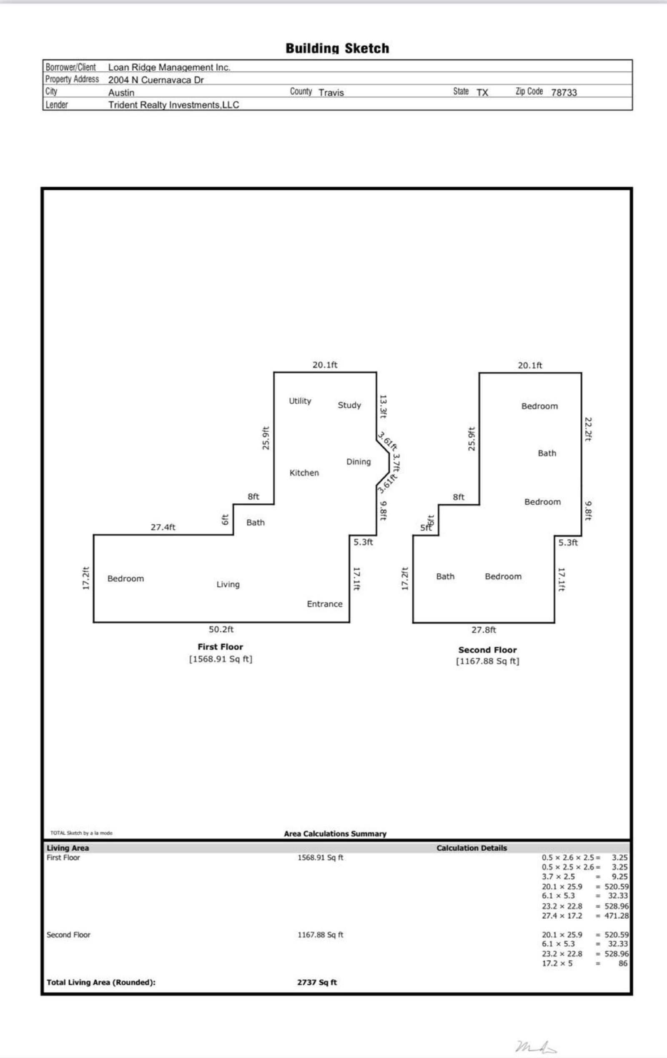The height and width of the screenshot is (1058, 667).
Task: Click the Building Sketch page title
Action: pos(337,48)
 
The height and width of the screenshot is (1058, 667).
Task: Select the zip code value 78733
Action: pos(564,92)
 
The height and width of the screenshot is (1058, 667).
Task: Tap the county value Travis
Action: pos(331,92)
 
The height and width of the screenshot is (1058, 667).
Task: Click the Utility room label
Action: pos(300,401)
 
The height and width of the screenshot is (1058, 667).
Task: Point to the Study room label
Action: pos(349,405)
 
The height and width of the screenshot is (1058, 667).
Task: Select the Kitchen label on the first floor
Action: pos(304,473)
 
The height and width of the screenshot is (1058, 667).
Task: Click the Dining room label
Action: pos(359,462)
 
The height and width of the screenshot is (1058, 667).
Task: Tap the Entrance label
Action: pos(324,604)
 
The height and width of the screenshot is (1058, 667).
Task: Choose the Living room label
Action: pos(228,584)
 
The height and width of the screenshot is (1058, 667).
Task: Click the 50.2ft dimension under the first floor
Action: pos(221,629)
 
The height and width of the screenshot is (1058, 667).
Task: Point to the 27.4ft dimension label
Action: pos(163,527)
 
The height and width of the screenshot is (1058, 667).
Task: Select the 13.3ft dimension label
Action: pos(383,406)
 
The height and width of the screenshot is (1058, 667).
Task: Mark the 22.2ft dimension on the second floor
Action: pos(588,429)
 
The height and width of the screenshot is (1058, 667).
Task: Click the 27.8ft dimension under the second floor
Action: pos(484,630)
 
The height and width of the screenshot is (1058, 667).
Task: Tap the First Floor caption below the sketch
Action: pos(220,647)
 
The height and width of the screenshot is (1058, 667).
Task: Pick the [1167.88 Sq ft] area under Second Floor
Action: pos(487,661)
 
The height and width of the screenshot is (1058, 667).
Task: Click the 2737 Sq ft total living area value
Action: pos(316,983)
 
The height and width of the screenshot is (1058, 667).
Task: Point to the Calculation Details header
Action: pos(471,848)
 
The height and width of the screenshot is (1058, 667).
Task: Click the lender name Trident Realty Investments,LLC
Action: pos(173,105)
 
